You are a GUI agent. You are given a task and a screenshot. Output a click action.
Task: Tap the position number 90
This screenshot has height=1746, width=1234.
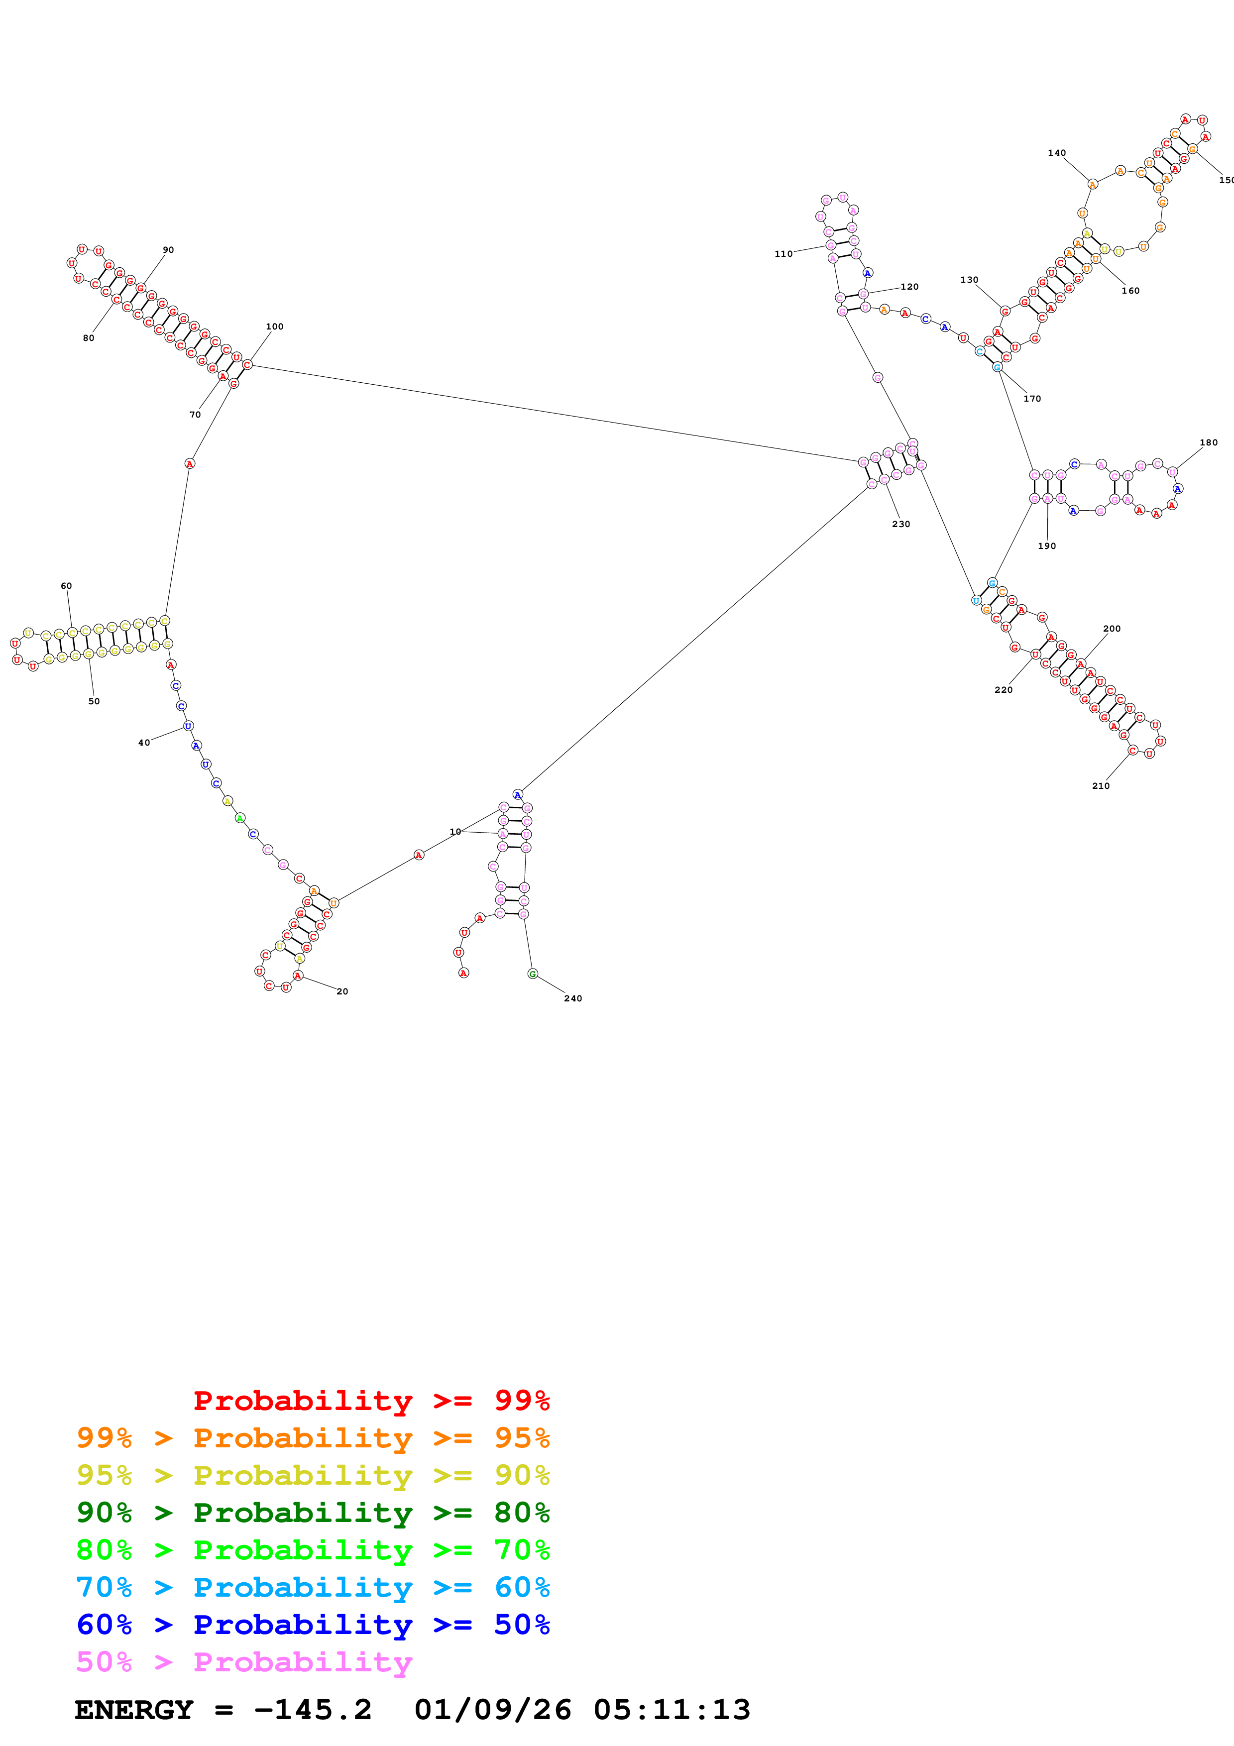(x=168, y=249)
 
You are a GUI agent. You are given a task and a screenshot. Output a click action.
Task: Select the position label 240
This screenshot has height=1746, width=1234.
(x=572, y=998)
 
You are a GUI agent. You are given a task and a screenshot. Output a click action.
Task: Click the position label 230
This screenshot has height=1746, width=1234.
(x=901, y=524)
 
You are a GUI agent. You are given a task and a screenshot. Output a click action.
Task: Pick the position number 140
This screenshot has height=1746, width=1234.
(x=1056, y=153)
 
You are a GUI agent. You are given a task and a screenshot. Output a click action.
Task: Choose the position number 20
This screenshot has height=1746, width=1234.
(x=342, y=991)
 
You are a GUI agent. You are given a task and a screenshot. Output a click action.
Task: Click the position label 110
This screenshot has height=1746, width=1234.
(x=783, y=254)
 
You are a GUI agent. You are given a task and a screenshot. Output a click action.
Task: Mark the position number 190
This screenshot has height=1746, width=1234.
(x=1047, y=546)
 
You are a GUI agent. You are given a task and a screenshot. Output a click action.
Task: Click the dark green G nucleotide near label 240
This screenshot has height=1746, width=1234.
(x=532, y=974)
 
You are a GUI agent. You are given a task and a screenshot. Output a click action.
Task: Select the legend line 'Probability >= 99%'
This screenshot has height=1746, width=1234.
(x=371, y=1400)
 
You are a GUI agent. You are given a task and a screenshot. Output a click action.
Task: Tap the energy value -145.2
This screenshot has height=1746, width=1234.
(x=313, y=1710)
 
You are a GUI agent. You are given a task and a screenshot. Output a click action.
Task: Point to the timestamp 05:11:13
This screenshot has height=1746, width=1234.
(x=672, y=1710)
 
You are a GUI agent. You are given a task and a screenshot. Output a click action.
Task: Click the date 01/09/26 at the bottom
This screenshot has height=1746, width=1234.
(x=493, y=1710)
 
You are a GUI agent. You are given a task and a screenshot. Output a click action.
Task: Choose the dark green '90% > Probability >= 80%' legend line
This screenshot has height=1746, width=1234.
(x=313, y=1513)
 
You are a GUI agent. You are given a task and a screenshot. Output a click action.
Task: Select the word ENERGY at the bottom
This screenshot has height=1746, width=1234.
(x=134, y=1710)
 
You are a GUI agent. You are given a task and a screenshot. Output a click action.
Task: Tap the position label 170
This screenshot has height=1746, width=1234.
(x=1032, y=399)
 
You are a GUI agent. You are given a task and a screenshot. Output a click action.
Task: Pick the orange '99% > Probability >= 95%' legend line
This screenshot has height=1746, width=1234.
(x=313, y=1438)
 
